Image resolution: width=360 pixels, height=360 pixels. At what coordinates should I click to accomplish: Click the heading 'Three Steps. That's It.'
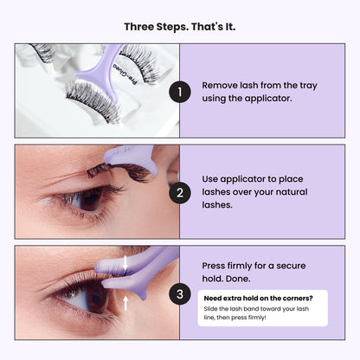(179, 26)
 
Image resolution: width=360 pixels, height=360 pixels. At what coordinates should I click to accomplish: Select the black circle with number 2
(179, 192)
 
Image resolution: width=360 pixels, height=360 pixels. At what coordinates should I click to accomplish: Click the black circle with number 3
(179, 294)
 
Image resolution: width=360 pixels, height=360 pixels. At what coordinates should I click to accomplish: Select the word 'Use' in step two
(211, 178)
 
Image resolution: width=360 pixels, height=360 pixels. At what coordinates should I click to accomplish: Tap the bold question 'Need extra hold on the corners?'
(258, 299)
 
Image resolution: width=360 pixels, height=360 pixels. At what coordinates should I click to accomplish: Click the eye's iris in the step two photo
(88, 198)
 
